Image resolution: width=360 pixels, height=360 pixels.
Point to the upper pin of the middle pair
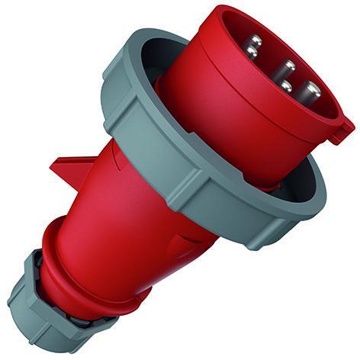point(289,66)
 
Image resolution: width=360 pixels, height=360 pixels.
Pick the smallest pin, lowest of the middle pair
point(285,85)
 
